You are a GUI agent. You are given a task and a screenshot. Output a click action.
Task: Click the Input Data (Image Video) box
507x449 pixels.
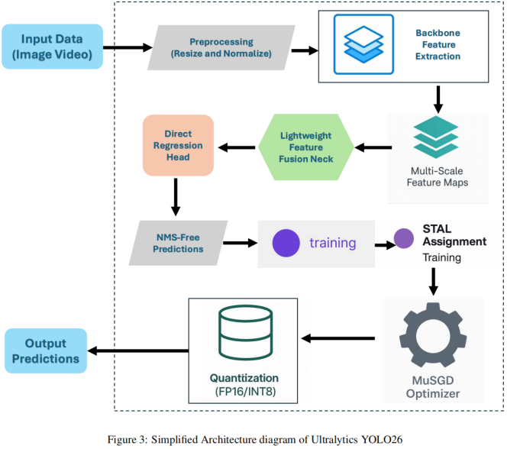coord(53,47)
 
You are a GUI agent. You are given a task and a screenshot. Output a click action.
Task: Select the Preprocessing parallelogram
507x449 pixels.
coord(221,47)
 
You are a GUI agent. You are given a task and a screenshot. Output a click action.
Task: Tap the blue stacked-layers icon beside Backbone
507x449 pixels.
coord(363,44)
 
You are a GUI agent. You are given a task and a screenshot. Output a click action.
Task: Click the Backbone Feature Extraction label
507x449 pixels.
coord(438,44)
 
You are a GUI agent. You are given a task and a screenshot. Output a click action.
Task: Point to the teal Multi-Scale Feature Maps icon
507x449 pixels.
coord(436,137)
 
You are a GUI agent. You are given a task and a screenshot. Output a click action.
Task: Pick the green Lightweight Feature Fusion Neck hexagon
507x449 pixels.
coord(306,147)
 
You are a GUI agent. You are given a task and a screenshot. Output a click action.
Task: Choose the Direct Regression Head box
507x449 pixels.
coord(178,145)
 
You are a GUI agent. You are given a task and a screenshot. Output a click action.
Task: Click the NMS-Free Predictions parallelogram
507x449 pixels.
coord(178,243)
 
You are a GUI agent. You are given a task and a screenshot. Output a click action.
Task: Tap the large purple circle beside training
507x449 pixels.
coord(286,243)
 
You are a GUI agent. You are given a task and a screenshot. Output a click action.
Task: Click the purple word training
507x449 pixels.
coord(333,243)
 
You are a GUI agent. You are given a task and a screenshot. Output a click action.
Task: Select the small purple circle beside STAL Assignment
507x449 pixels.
coord(403,238)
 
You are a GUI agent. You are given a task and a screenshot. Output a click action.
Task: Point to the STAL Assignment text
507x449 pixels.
coord(454,235)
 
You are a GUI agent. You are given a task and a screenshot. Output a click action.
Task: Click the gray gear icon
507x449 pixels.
coord(433,335)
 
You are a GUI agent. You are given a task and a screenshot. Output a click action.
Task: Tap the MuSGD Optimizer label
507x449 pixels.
coord(433,387)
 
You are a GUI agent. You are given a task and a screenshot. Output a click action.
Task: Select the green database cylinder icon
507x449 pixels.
coord(245,333)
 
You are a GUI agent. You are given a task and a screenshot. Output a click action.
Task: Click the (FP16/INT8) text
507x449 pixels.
coord(245,392)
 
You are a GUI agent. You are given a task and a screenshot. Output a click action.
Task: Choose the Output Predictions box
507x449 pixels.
coord(46,350)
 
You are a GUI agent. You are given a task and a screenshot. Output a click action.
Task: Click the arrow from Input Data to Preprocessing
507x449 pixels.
coord(128,47)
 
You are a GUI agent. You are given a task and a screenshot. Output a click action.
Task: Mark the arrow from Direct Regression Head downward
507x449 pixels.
coord(176,197)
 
